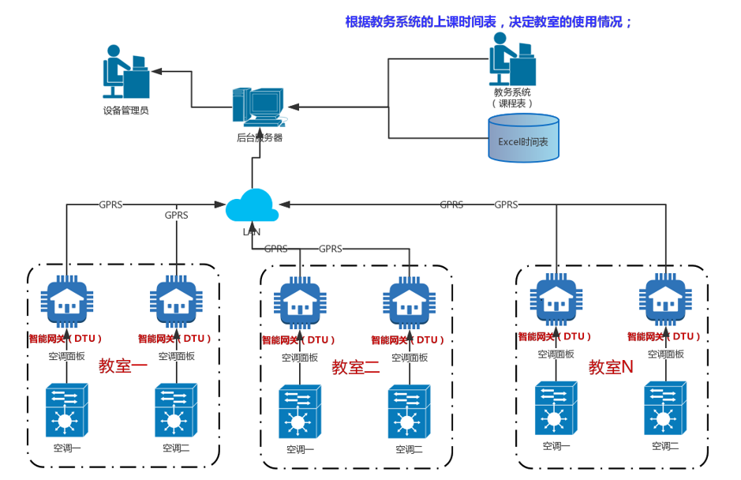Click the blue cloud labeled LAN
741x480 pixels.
tap(252, 207)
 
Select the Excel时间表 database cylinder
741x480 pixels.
tap(523, 139)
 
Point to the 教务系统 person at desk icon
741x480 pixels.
tap(512, 59)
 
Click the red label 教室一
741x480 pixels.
tap(123, 366)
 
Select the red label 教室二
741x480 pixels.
tap(356, 367)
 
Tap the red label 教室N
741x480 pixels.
tap(611, 367)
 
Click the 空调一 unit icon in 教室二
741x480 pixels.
tap(299, 411)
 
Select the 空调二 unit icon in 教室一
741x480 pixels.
tap(175, 410)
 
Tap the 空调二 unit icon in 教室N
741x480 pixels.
tap(664, 408)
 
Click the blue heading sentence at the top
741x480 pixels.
tap(489, 22)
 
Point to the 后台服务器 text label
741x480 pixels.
tap(259, 137)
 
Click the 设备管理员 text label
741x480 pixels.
tap(126, 111)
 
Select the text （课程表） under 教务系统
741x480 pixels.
tap(512, 103)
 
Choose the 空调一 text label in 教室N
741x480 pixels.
tap(556, 446)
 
